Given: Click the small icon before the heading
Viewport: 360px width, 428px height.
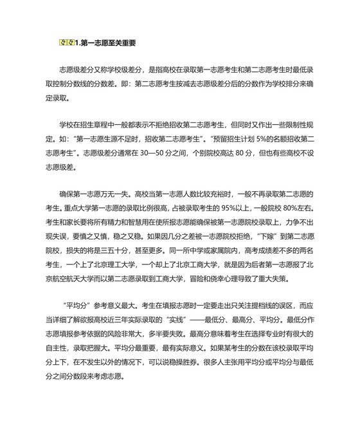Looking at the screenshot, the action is [66, 43].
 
